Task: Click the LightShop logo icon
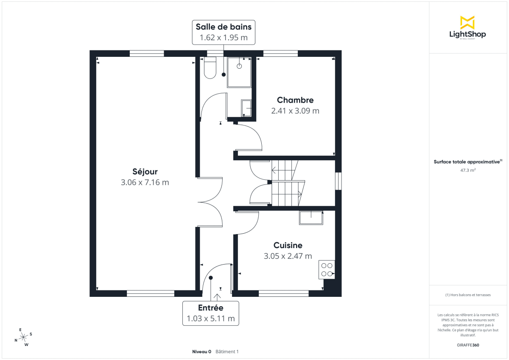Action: (x=467, y=22)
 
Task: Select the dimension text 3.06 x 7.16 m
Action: (x=145, y=182)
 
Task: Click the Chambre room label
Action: (x=295, y=100)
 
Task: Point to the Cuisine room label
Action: (x=288, y=245)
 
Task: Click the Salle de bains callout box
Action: (x=224, y=32)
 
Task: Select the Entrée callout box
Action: (x=211, y=313)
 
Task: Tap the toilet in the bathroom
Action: (x=210, y=69)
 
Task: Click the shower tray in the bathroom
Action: (x=239, y=72)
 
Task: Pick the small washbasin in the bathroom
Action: (x=246, y=108)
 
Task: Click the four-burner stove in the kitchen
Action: (x=327, y=270)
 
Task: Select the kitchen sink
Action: (x=311, y=218)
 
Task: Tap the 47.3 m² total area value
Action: (x=467, y=170)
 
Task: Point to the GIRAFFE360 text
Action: (x=467, y=345)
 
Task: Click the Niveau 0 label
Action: (x=201, y=352)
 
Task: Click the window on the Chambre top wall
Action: (x=280, y=53)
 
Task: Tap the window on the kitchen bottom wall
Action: (x=284, y=293)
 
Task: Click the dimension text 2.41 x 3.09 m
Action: (x=295, y=111)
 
